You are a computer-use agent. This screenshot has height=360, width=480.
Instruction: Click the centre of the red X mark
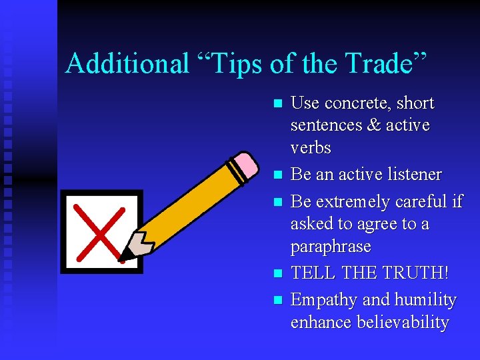101,231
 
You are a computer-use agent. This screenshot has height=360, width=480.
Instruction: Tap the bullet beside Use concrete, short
279,104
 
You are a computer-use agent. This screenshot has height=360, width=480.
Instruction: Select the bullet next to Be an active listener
279,175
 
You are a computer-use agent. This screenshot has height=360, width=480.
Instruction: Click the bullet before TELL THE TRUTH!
279,274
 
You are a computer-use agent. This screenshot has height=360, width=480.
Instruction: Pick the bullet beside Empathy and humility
279,301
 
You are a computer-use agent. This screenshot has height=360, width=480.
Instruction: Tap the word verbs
311,147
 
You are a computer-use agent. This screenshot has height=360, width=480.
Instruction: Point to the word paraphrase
331,247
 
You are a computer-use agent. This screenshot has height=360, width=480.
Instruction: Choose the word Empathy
320,301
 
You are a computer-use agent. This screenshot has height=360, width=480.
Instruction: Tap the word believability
403,323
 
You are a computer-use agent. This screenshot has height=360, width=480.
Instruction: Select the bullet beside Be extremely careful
279,202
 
